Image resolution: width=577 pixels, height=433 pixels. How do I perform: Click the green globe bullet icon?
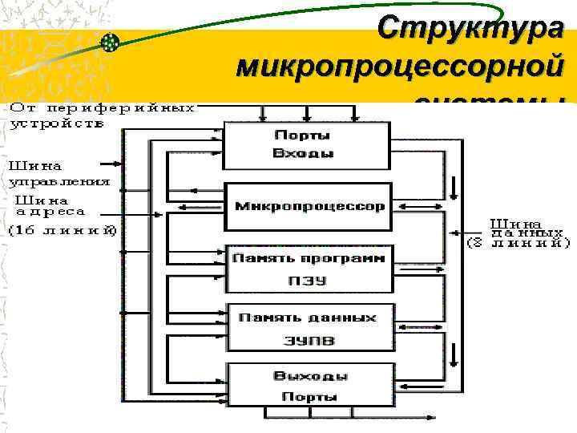(111, 42)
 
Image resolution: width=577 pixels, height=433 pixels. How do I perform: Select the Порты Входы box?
(302, 145)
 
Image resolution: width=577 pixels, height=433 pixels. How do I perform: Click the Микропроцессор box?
(309, 206)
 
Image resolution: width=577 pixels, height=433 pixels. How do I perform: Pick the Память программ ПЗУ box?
(309, 269)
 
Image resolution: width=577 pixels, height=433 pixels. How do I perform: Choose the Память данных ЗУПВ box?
(309, 328)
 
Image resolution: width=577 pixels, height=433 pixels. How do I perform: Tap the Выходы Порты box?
(309, 386)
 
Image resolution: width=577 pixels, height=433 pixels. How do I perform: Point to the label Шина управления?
(59, 174)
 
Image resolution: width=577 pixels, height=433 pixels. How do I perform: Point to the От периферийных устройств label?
(103, 115)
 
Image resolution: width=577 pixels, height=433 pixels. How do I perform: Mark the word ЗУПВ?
(309, 340)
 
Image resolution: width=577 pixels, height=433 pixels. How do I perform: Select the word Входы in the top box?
(303, 153)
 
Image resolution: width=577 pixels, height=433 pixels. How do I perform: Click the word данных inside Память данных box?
(345, 318)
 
